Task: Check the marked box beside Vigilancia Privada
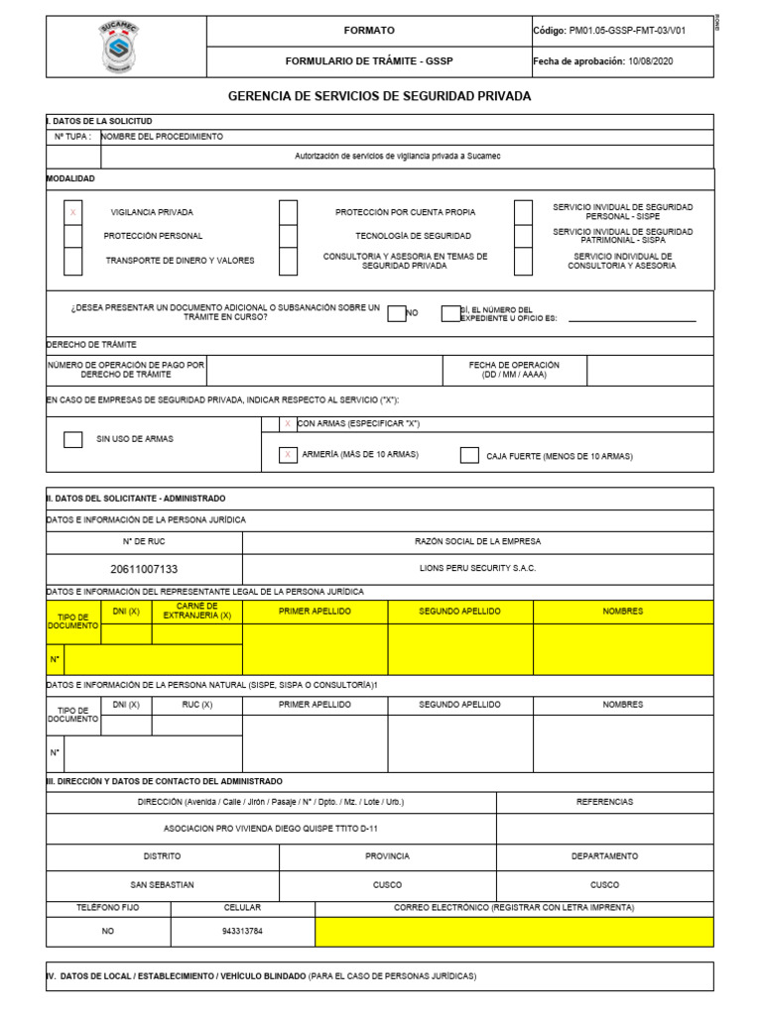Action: click(73, 212)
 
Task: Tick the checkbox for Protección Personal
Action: click(73, 236)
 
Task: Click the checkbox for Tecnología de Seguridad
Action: click(288, 236)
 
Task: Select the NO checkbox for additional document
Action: click(396, 313)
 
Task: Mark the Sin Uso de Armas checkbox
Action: click(73, 439)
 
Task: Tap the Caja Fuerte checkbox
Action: click(469, 456)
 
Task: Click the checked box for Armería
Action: click(288, 455)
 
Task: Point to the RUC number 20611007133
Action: click(144, 569)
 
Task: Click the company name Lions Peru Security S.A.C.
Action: click(477, 569)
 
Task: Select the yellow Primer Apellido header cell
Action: click(315, 612)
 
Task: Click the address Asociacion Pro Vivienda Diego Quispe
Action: click(271, 829)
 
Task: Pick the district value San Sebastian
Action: click(163, 884)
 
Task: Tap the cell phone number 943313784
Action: click(243, 932)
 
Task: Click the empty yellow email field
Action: click(514, 932)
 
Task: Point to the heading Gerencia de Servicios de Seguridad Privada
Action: click(380, 96)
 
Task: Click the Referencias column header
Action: click(604, 802)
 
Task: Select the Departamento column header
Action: click(604, 856)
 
